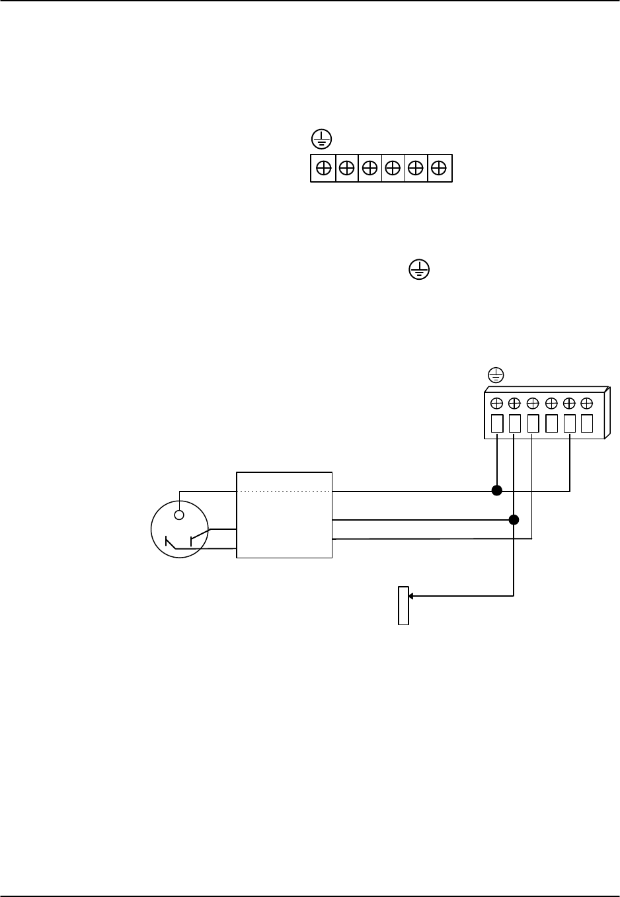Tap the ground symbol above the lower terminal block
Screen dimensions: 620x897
[496, 375]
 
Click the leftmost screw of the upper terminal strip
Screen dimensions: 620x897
[324, 168]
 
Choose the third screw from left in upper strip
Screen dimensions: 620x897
[370, 168]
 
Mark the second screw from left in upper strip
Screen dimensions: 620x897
[346, 168]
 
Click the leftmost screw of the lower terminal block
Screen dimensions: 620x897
[497, 402]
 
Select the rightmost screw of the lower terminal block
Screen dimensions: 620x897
[586, 402]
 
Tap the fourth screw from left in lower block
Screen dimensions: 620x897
[551, 402]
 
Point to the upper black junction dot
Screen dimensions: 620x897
[497, 491]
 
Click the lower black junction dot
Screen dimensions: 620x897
[514, 519]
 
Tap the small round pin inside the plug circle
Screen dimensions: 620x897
[178, 515]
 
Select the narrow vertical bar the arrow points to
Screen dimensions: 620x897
[403, 605]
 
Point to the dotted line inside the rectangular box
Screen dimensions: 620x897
[284, 491]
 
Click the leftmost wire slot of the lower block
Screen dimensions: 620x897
[498, 423]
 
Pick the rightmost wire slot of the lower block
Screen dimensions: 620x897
[586, 423]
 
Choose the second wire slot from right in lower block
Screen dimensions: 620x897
[569, 423]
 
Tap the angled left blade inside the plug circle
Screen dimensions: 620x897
[171, 544]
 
